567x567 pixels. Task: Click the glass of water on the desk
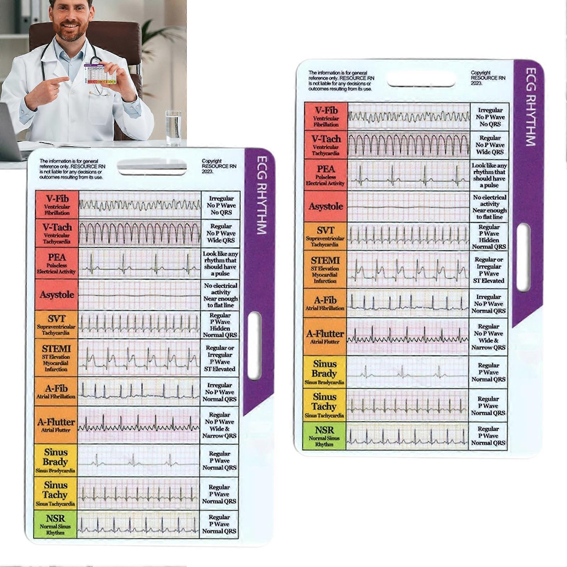click(x=173, y=129)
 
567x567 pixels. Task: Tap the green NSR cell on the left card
click(x=55, y=524)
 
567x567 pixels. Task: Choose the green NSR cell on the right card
click(x=324, y=436)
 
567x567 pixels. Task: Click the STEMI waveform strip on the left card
click(x=139, y=358)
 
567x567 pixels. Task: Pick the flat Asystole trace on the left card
click(x=139, y=295)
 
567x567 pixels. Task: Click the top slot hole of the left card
click(x=152, y=166)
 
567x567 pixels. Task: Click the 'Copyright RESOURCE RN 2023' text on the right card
click(x=488, y=78)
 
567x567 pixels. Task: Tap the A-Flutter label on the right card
click(x=325, y=336)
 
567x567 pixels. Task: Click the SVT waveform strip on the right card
click(x=408, y=236)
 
